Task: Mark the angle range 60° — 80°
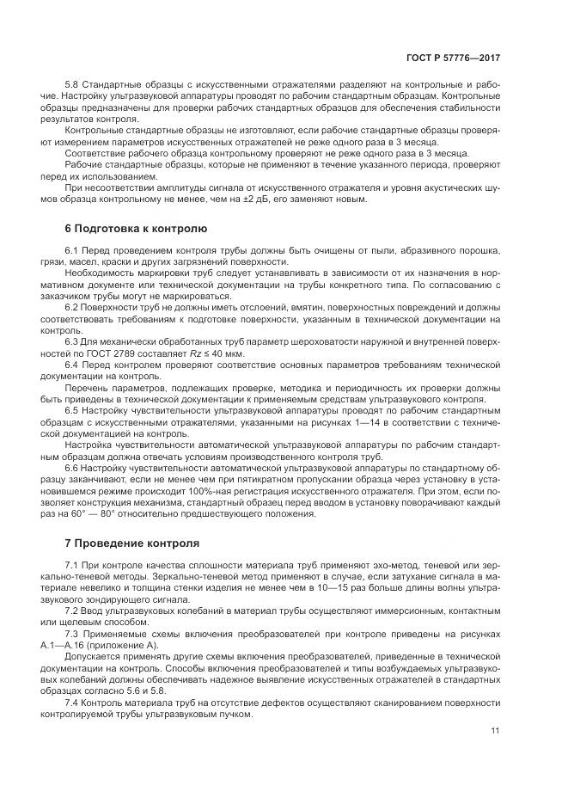point(102,514)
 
